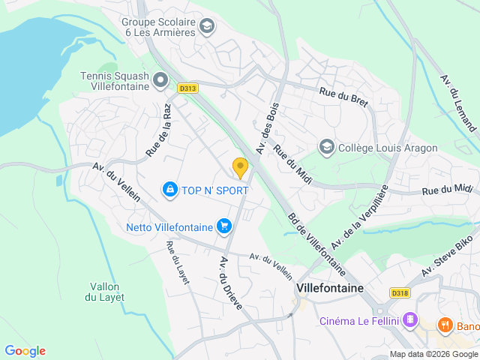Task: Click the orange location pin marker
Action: [240, 168]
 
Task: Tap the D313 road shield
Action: [188, 88]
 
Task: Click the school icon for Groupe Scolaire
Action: [206, 28]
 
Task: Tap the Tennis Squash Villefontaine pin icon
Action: [160, 79]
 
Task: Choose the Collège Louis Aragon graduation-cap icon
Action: [326, 147]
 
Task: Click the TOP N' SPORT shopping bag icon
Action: [170, 190]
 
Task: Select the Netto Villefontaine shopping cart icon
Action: [223, 226]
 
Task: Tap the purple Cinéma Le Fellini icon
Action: [409, 321]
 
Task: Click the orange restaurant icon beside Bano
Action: [445, 326]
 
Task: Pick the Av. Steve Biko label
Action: [448, 256]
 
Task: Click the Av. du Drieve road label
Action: [231, 283]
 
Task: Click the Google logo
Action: [25, 350]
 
